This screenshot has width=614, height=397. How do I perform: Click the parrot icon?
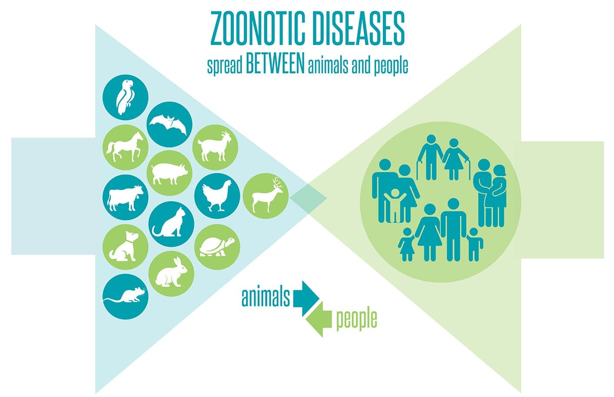click(126, 97)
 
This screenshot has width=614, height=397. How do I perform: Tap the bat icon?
click(169, 124)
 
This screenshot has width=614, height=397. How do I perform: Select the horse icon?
click(126, 147)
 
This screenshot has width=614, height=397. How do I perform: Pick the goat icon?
click(215, 147)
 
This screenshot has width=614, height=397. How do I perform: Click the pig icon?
click(169, 173)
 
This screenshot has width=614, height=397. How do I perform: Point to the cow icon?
click(126, 198)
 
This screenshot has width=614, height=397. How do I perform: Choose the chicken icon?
click(217, 196)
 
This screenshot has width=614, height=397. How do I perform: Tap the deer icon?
click(266, 196)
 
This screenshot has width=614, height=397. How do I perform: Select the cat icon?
click(171, 224)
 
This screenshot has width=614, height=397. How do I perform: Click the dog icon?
click(126, 247)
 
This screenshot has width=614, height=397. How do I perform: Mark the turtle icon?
click(217, 247)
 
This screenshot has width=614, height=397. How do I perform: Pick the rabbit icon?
click(171, 274)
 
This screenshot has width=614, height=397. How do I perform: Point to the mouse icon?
click(126, 297)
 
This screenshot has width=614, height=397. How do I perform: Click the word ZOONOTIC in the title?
click(258, 29)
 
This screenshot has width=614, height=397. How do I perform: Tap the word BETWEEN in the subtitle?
click(275, 65)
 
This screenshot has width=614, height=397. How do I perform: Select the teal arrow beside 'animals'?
click(306, 298)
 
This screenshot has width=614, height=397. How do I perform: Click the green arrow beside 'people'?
click(319, 319)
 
